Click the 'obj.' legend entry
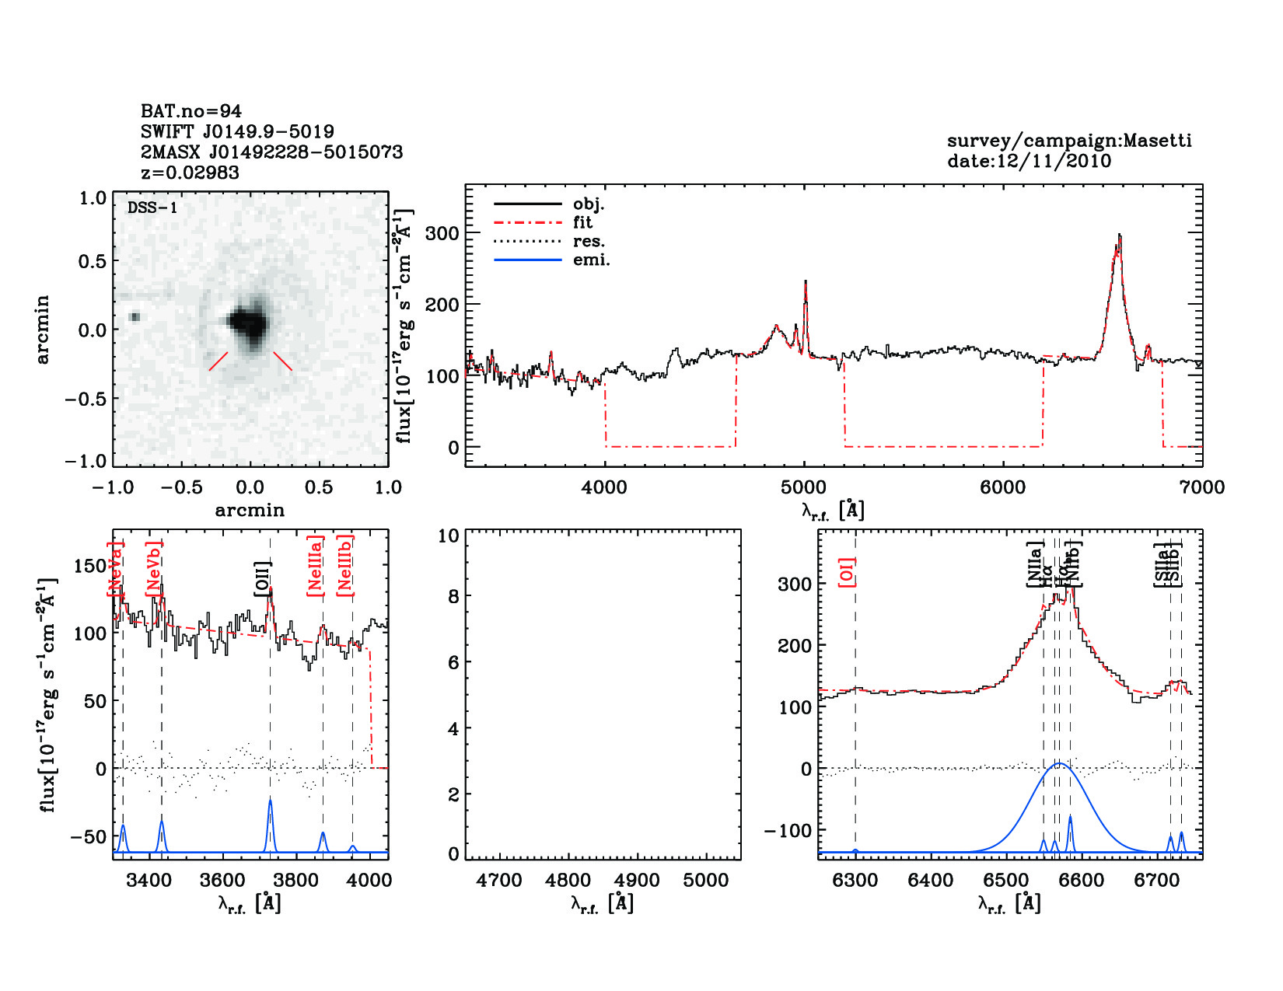(x=588, y=204)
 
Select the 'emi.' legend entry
(x=591, y=260)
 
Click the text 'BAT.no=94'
(x=191, y=111)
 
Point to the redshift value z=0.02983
(x=190, y=173)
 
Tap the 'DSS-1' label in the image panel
(x=152, y=208)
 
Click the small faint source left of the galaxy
(x=135, y=316)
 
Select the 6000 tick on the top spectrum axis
(x=1002, y=487)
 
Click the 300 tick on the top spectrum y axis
(x=442, y=233)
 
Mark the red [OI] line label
(x=847, y=572)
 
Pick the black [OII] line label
(x=262, y=579)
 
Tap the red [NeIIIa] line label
(x=315, y=566)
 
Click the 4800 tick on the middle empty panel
(x=568, y=881)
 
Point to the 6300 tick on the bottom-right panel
(x=855, y=881)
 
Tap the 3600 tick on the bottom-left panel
(x=222, y=881)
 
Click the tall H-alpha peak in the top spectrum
(x=1119, y=236)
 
